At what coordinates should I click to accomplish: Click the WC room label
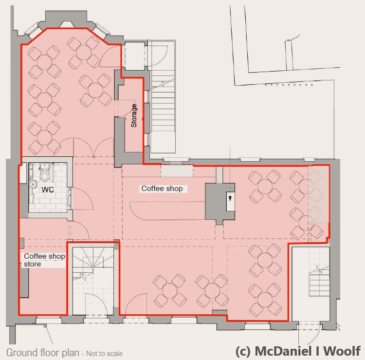[x=48, y=189]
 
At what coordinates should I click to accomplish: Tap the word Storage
[x=134, y=115]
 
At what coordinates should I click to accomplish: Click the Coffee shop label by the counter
[x=162, y=188]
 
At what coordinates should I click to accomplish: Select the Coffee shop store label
[x=44, y=260]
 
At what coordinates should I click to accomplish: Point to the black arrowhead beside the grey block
[x=230, y=198]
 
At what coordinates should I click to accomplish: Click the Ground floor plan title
[x=43, y=353]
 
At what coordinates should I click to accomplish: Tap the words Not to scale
[x=105, y=354]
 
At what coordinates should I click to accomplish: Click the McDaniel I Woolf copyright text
[x=298, y=351]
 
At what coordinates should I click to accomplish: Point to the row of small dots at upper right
[x=289, y=85]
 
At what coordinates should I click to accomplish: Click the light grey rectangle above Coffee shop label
[x=177, y=171]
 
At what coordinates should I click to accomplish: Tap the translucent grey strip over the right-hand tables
[x=319, y=194]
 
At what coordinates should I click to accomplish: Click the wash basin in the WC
[x=33, y=184]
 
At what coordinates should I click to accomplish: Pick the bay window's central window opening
[x=67, y=24]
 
